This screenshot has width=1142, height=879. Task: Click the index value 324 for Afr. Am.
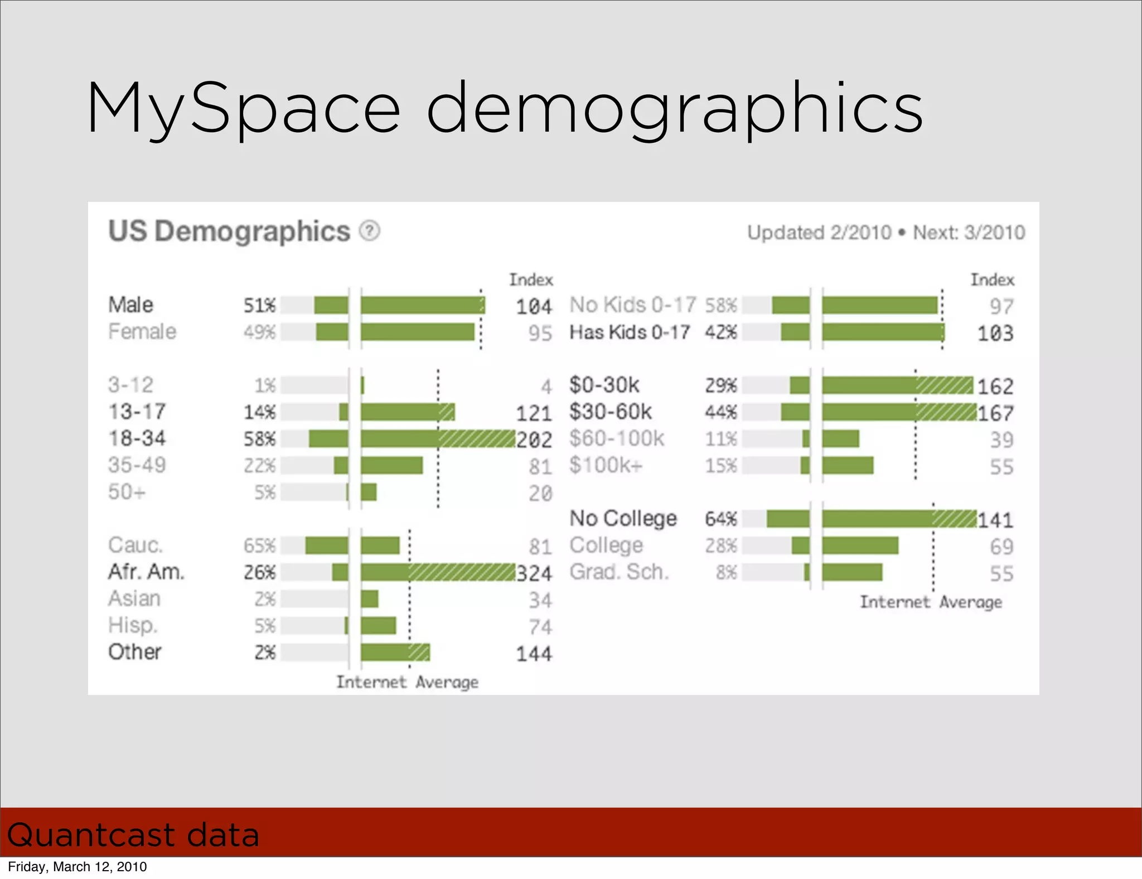(534, 573)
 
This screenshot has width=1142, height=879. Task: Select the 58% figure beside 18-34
(259, 439)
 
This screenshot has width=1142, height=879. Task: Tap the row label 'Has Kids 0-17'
(630, 332)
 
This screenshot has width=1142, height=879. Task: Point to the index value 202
(534, 440)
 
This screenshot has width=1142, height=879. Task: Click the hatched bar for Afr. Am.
(462, 572)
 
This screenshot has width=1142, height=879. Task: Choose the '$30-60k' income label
(610, 412)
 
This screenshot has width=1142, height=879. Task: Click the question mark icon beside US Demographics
(369, 230)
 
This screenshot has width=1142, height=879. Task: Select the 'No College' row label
(623, 519)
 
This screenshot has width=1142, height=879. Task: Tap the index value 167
(995, 413)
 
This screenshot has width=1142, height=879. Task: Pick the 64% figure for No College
(720, 519)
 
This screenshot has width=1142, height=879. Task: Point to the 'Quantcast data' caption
(133, 835)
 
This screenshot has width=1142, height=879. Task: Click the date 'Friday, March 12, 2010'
(78, 867)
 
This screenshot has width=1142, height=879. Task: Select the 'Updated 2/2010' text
(819, 233)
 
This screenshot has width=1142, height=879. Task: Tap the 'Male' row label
(130, 305)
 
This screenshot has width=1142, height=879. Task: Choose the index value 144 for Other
(534, 654)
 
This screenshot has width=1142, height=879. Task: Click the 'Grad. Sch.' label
(618, 572)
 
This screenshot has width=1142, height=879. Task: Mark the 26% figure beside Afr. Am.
(259, 572)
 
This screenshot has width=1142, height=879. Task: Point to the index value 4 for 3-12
(546, 387)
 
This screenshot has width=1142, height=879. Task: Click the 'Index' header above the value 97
(992, 279)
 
